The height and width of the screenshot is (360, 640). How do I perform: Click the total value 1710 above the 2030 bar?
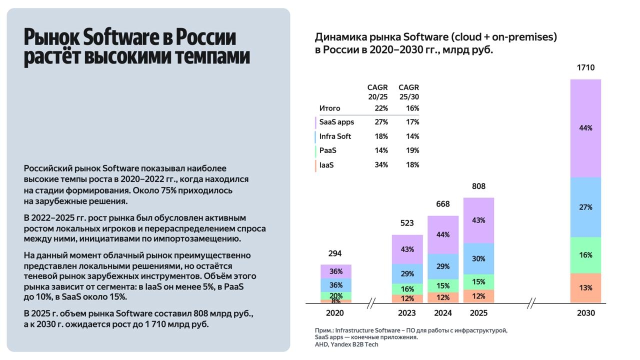(585, 67)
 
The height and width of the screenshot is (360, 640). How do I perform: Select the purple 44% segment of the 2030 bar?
(585, 128)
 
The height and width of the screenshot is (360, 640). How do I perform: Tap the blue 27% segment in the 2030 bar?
(585, 207)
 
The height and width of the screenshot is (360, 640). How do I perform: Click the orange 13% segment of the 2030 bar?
(585, 288)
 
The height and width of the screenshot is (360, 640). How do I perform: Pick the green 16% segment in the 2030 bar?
(585, 255)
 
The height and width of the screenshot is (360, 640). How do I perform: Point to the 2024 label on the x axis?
(443, 313)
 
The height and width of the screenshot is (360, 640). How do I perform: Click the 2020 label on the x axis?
(335, 313)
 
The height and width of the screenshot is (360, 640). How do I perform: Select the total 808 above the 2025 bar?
(478, 186)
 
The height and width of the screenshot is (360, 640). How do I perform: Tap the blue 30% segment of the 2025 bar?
(478, 258)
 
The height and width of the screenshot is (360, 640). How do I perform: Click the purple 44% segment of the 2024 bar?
(443, 234)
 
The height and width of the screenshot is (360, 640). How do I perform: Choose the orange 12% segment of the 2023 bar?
(407, 298)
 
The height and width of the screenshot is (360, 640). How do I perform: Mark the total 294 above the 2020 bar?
(335, 253)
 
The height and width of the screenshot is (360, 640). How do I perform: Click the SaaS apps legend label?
(336, 122)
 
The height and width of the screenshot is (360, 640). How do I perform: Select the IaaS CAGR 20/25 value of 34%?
(381, 165)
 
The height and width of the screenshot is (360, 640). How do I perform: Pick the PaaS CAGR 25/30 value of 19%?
(412, 150)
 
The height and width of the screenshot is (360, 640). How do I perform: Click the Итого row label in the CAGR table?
(329, 108)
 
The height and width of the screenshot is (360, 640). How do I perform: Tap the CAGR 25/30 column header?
(408, 92)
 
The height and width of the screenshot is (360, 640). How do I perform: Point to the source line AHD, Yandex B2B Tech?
(346, 344)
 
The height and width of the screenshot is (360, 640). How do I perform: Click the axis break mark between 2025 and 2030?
(531, 303)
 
